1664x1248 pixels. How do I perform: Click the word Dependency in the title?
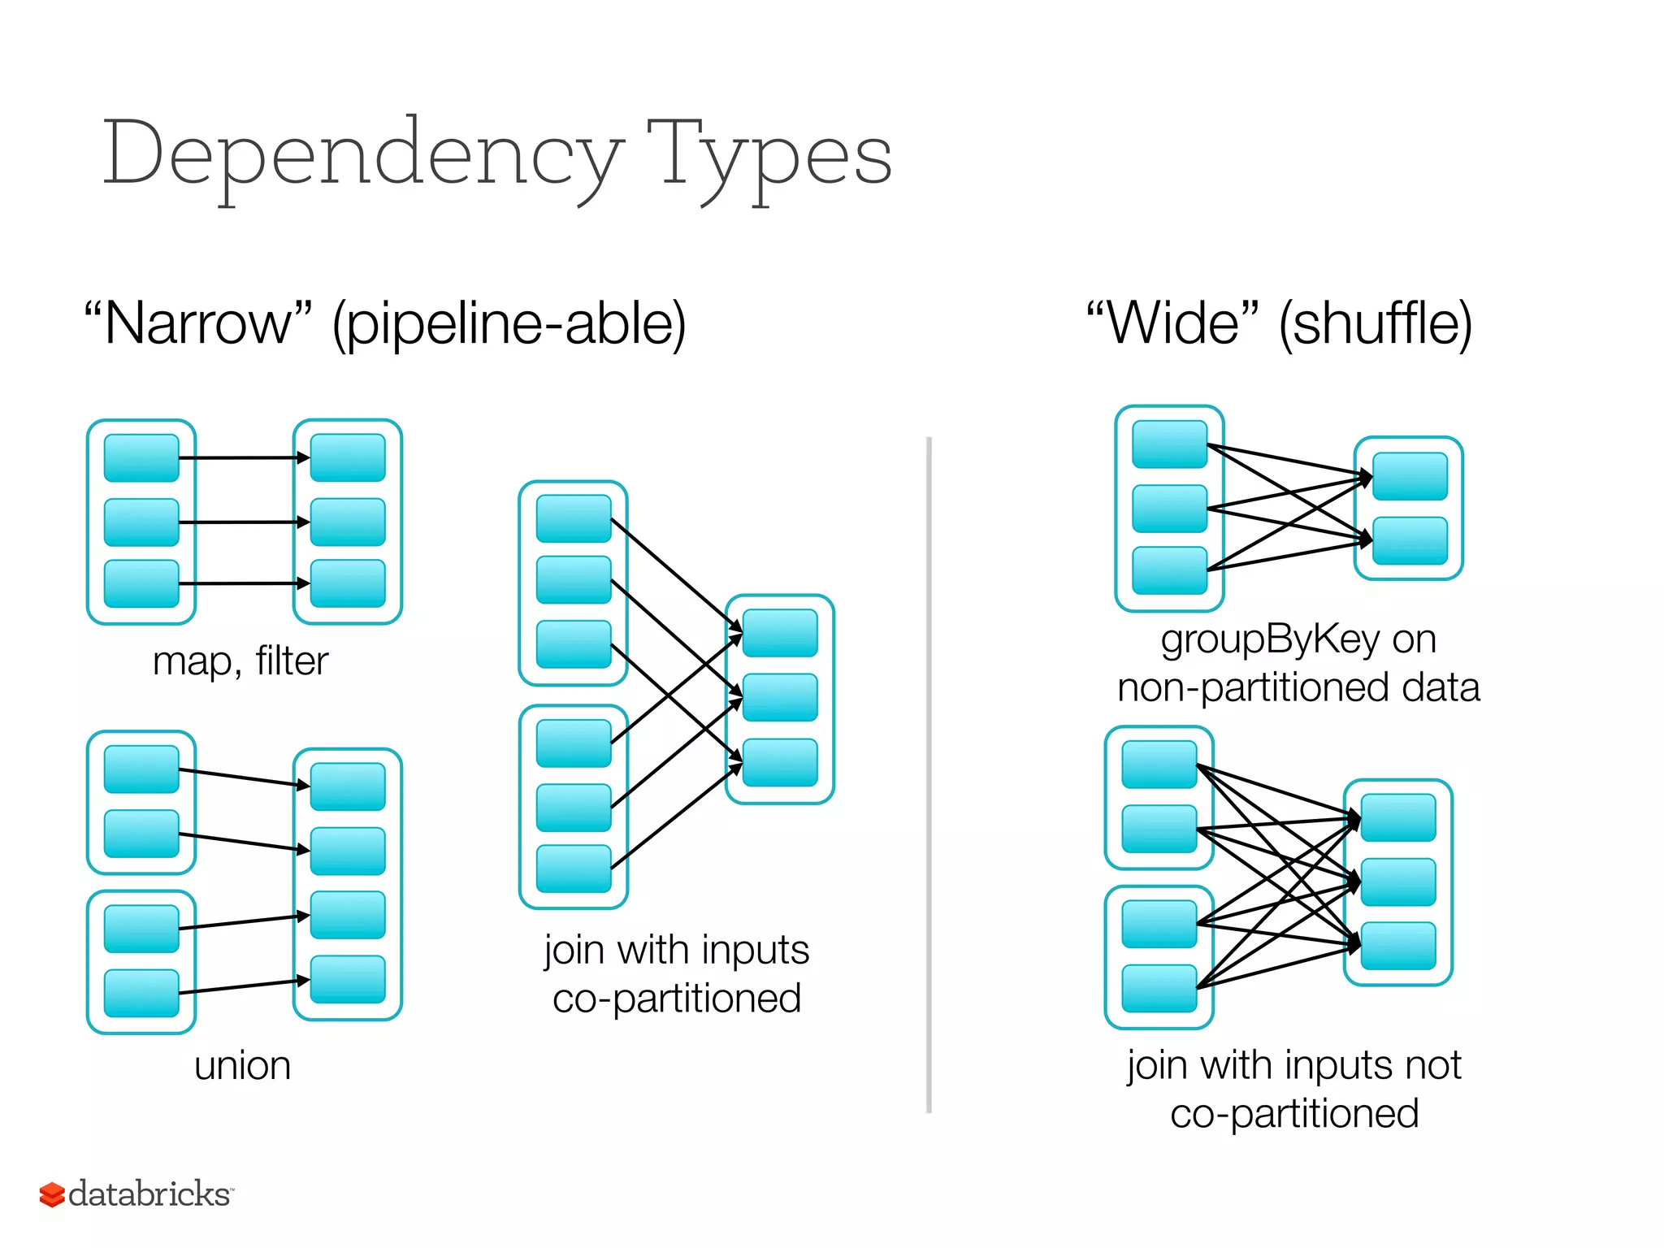tap(362, 154)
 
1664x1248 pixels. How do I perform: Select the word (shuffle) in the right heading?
tap(1375, 323)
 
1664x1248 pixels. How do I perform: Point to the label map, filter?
tap(240, 661)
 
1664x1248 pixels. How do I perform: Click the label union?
tap(242, 1065)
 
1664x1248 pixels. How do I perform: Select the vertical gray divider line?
tap(929, 772)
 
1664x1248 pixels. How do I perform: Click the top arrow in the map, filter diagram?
tap(244, 458)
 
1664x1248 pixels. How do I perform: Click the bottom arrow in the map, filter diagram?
tap(244, 583)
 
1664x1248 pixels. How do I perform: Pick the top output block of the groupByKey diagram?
tap(1410, 476)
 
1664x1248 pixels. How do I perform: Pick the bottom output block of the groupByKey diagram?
tap(1410, 540)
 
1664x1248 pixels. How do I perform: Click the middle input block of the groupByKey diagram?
tap(1169, 509)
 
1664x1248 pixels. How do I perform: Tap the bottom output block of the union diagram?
tap(348, 979)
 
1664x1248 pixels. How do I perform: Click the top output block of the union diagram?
tap(348, 786)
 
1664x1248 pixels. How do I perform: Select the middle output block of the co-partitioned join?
tap(780, 697)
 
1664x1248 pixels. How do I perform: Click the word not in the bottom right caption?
tap(1439, 1064)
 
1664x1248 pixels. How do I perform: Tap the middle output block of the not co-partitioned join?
tap(1398, 882)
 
